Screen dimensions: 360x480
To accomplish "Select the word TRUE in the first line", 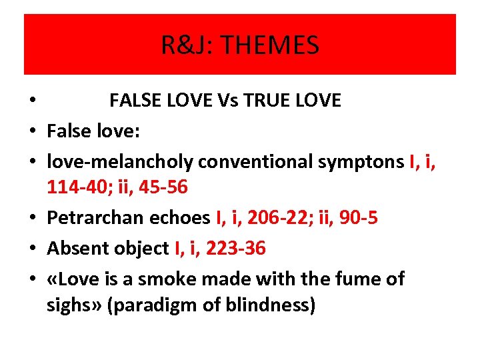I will point(263,101).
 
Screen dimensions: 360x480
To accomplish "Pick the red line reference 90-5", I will point(357,218).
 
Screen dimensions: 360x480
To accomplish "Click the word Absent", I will point(73,249).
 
